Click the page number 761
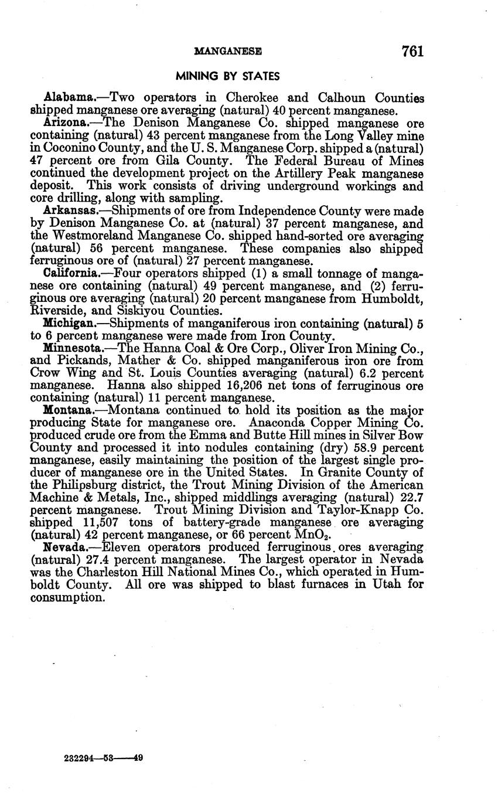tap(412, 52)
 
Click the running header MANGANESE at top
tap(227, 52)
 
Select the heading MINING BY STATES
tap(228, 76)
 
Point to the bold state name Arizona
tap(66, 123)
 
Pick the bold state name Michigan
tap(68, 324)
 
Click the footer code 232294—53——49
tap(103, 758)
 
